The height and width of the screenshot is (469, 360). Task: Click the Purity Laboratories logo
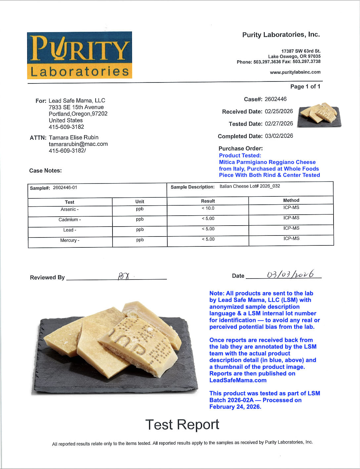point(79,55)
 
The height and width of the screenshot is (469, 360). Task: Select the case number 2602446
point(275,99)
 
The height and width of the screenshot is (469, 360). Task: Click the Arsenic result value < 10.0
point(208,208)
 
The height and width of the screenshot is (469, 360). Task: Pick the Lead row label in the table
point(69,230)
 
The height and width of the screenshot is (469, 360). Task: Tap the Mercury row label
point(69,240)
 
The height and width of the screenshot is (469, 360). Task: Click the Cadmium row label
point(69,220)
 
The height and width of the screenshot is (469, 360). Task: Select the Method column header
point(291,200)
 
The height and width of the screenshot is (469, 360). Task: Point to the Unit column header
point(140,201)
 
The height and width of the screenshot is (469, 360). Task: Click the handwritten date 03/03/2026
point(290,275)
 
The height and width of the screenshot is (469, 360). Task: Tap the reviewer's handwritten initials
point(123,276)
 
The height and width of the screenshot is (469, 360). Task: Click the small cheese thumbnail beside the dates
point(319,115)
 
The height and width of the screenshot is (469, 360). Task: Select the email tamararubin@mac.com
point(78,144)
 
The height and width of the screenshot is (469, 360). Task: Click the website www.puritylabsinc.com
point(295,72)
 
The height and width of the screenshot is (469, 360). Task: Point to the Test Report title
point(182,425)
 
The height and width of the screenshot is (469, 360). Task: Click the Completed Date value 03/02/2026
point(279,136)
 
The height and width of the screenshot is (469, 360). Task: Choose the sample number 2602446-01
point(65,187)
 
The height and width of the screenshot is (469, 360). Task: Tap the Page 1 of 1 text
point(305,86)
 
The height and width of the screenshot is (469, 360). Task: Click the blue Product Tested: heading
point(240,155)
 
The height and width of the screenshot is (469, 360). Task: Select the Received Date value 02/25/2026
point(279,111)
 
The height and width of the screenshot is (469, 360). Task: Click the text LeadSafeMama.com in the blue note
point(238,380)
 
